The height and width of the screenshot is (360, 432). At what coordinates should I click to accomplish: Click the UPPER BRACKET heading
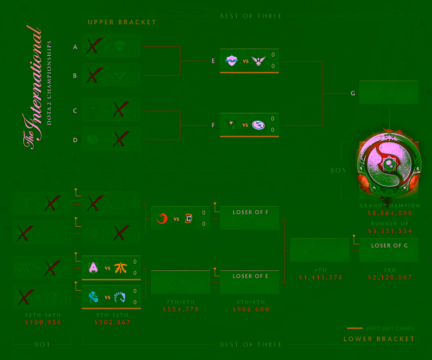122,22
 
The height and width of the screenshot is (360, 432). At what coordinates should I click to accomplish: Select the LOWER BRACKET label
379,339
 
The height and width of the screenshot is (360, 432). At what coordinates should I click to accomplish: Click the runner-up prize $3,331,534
390,231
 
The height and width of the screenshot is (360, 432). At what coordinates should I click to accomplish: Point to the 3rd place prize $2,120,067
390,278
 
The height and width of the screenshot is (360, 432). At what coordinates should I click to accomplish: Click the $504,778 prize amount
181,310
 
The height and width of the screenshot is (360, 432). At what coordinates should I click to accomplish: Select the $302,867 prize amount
112,323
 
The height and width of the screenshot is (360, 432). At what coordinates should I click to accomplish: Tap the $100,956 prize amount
43,323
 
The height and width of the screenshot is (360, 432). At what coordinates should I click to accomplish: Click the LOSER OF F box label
250,212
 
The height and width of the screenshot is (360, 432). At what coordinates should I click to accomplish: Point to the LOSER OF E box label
250,276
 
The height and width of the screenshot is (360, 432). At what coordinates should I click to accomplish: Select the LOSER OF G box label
389,246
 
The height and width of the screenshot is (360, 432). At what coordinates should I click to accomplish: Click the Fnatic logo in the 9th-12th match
120,268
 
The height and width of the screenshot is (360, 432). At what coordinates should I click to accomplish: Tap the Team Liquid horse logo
120,297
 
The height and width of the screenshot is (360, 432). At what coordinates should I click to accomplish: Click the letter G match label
353,94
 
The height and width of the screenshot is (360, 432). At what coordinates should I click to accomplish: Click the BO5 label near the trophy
338,171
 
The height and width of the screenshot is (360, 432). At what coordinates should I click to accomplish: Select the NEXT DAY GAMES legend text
390,328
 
